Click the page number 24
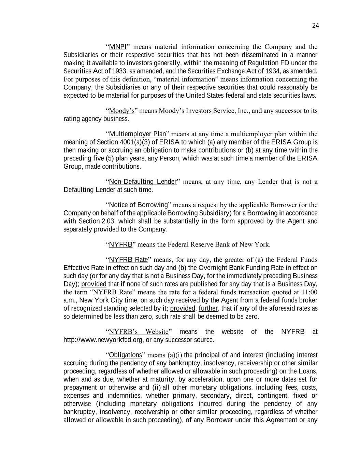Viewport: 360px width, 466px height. pyautogui.click(x=315, y=26)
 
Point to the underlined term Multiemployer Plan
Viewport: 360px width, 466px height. pyautogui.click(x=137, y=134)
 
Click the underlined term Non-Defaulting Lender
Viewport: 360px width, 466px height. pyautogui.click(x=143, y=182)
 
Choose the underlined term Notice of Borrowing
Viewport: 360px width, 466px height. pyautogui.click(x=138, y=205)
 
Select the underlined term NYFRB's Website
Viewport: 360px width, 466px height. pyautogui.click(x=139, y=332)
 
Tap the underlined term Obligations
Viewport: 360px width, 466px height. pyautogui.click(x=125, y=355)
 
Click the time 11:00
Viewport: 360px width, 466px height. pyautogui.click(x=309, y=292)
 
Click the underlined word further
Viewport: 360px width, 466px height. pyautogui.click(x=208, y=309)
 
